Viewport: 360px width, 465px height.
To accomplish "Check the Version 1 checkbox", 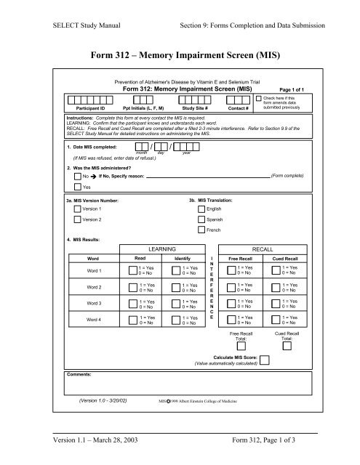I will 79,209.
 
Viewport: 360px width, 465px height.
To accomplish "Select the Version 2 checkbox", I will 79,219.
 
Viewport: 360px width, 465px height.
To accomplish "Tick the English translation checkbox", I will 201,209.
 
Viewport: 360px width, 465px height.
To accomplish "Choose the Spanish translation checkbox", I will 201,219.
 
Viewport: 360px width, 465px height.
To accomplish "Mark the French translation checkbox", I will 201,230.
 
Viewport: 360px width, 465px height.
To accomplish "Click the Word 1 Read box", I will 132,270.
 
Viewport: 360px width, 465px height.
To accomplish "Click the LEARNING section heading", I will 157,248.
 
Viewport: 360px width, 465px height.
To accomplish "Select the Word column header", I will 92,258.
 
